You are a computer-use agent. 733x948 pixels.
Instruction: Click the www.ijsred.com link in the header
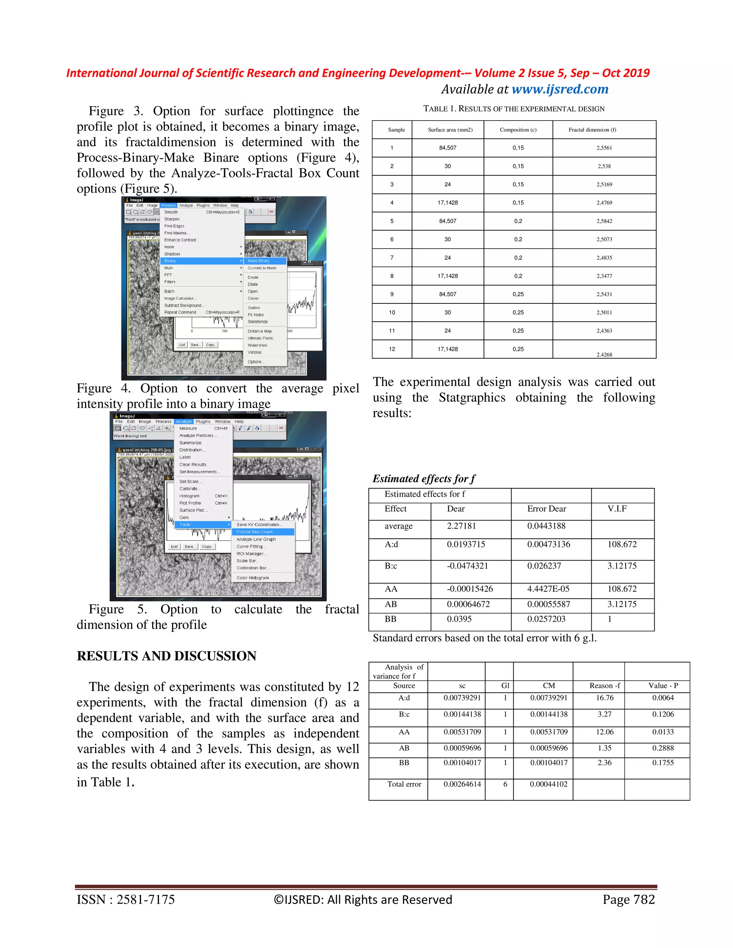coord(560,89)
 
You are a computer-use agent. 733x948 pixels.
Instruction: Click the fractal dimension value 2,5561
coord(604,148)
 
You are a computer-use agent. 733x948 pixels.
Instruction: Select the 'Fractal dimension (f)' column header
coord(592,130)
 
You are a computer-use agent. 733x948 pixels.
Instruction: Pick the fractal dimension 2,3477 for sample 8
coord(604,276)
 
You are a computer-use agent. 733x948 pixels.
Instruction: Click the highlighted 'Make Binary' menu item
coord(259,261)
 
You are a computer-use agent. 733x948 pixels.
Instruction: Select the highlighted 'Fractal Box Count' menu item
coord(255,532)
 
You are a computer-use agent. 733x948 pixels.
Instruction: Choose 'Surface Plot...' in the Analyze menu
coord(193,510)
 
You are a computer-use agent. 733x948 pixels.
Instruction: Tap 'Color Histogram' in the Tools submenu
coord(252,578)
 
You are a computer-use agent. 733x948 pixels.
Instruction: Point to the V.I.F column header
coord(617,509)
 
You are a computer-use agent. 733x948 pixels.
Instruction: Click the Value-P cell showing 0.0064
coord(662,698)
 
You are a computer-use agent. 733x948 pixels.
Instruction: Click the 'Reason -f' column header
coord(605,685)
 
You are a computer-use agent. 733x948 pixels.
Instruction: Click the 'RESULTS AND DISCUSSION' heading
coord(166,656)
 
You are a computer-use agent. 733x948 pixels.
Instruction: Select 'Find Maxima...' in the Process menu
coord(176,233)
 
